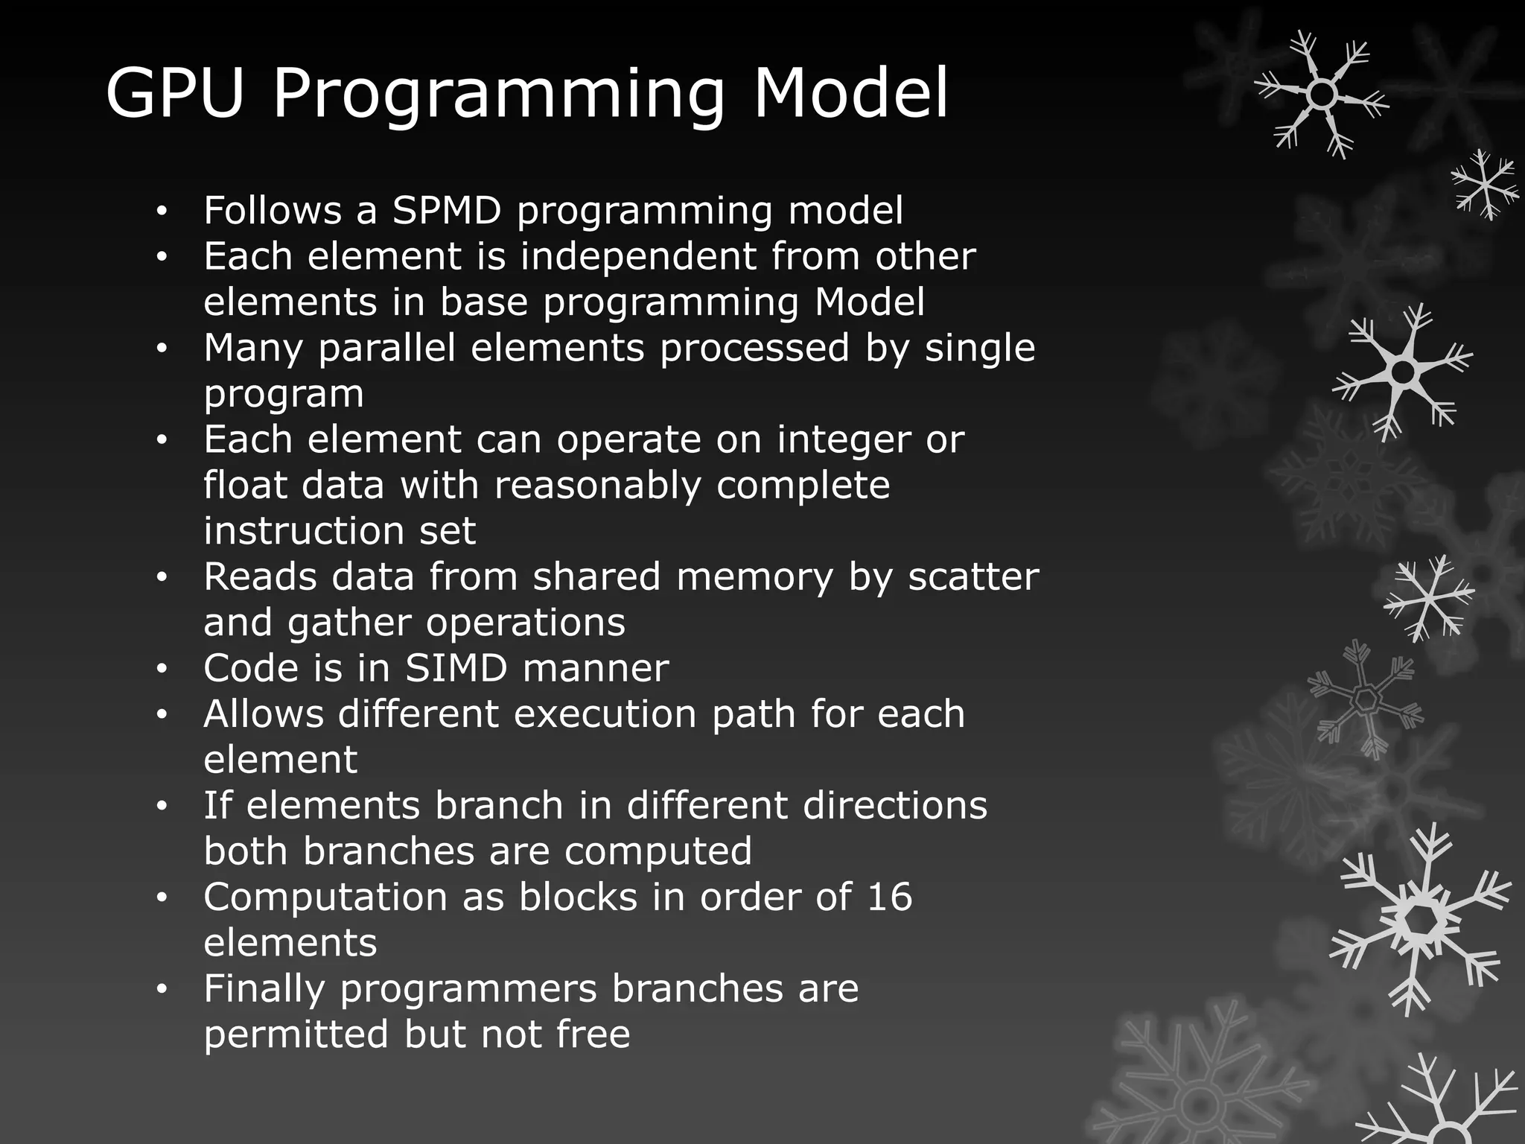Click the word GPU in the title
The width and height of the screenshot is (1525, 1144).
click(x=175, y=92)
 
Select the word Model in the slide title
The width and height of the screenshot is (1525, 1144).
click(x=851, y=92)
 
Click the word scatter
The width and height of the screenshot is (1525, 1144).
click(x=973, y=576)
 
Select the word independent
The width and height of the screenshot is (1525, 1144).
click(x=638, y=256)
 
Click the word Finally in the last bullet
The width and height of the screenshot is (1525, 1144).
click(x=265, y=989)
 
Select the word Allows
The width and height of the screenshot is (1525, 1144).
click(x=264, y=714)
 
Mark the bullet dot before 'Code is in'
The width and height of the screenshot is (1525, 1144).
click(x=162, y=670)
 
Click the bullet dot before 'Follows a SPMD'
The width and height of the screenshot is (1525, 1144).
click(x=162, y=212)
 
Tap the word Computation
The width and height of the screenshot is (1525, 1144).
click(x=325, y=897)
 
